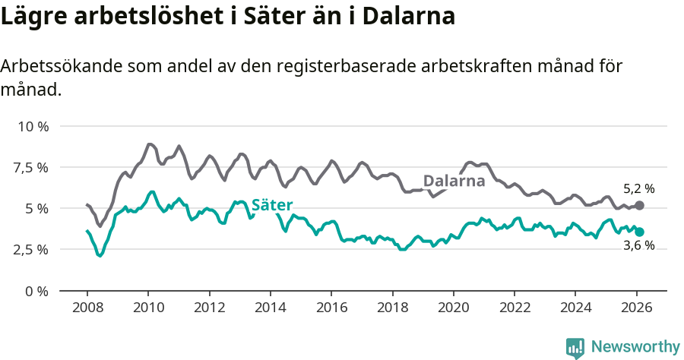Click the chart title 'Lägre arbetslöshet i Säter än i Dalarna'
tap(228, 17)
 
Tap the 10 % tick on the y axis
tap(33, 126)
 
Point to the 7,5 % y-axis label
tap(32, 167)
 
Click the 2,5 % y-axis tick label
tap(32, 249)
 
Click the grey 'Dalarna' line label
tap(454, 182)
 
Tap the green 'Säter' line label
tap(272, 205)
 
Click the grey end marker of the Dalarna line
tap(639, 205)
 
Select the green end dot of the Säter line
tap(639, 232)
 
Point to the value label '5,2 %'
tap(638, 189)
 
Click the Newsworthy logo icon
tap(575, 348)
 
